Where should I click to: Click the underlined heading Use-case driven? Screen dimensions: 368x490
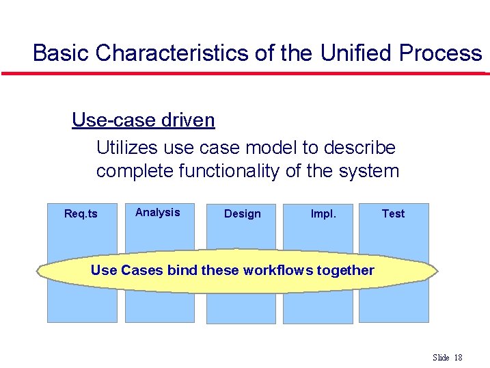click(143, 120)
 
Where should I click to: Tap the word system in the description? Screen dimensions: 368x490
click(368, 171)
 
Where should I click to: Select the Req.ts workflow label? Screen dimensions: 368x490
click(81, 214)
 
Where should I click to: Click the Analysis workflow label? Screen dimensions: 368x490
click(157, 212)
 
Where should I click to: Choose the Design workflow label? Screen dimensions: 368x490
click(243, 214)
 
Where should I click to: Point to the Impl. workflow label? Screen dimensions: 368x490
click(323, 213)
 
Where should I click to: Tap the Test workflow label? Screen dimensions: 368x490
click(393, 213)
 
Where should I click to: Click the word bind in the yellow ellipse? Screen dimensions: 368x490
click(182, 270)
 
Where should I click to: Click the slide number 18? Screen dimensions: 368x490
click(458, 358)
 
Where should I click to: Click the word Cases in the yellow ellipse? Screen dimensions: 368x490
click(141, 270)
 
